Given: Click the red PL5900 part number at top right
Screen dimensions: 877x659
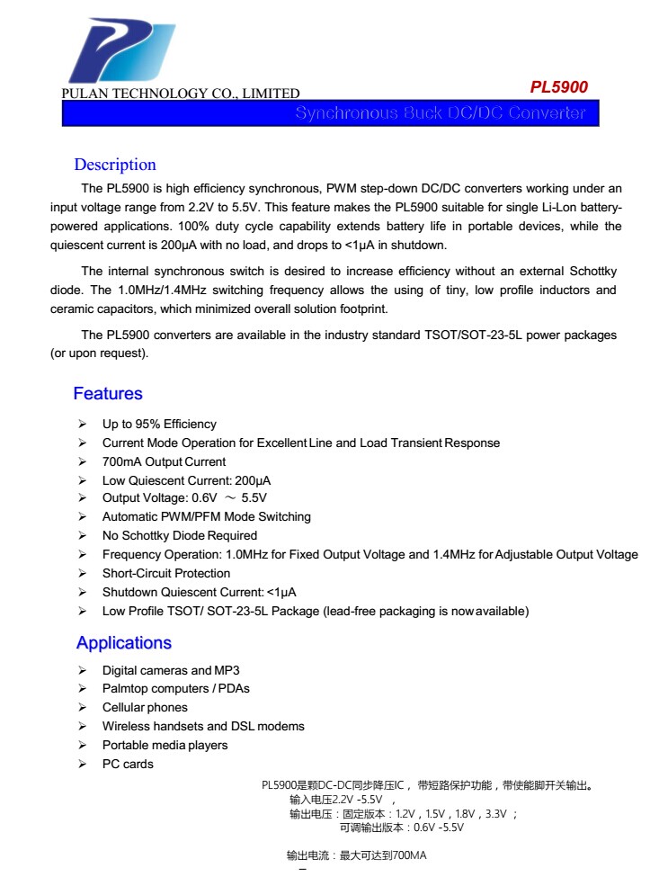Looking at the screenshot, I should tap(558, 87).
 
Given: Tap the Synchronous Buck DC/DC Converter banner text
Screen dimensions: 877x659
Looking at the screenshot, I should tap(440, 113).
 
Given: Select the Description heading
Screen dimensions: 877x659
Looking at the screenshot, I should tap(115, 165).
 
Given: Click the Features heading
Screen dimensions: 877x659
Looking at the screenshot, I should tap(108, 394).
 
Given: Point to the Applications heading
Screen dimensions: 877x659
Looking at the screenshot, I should tap(123, 643).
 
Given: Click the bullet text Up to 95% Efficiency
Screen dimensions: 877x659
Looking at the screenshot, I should tap(159, 424).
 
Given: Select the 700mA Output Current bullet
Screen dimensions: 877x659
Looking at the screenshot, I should tap(164, 461).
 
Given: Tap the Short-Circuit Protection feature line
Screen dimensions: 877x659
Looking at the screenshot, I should tap(166, 573).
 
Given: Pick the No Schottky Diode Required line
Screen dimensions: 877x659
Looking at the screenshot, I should tap(179, 535).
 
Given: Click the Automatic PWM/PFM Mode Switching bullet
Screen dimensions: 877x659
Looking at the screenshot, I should tap(207, 517).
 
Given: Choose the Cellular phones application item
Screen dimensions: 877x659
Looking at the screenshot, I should tap(145, 708).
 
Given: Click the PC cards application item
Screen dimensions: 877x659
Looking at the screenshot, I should tap(128, 765).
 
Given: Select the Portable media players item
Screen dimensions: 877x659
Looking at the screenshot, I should tap(165, 746).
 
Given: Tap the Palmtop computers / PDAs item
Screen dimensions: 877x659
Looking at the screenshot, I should tap(176, 689).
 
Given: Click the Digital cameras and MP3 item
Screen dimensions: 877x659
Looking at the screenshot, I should tap(171, 670).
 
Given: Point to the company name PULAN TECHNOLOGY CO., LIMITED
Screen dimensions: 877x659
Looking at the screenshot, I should tap(181, 94).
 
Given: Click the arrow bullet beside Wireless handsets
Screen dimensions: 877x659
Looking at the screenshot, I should tap(82, 727).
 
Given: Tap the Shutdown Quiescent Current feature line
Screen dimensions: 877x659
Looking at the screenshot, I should tap(199, 592).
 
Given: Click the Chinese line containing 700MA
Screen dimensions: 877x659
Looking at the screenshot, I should tap(356, 855).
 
